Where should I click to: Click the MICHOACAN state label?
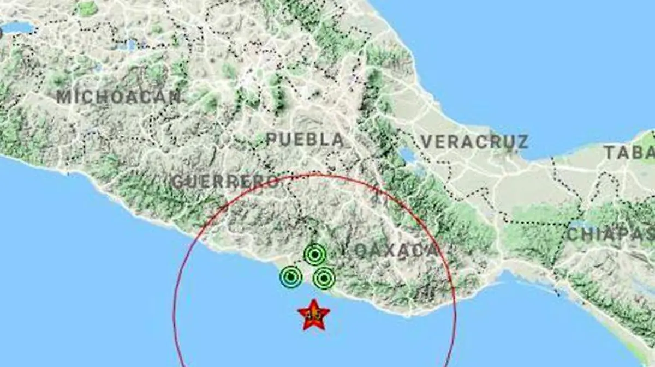[118, 97]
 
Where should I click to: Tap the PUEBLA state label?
[306, 140]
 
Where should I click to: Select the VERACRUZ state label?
[474, 142]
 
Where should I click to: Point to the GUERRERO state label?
[225, 182]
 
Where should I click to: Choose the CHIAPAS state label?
[610, 235]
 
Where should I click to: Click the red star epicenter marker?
[313, 315]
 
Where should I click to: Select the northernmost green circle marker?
[315, 254]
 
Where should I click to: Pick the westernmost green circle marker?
[291, 277]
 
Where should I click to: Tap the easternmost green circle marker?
[324, 279]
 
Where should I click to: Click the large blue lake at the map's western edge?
[17, 27]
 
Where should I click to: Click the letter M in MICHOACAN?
[63, 97]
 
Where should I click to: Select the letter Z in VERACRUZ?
[523, 142]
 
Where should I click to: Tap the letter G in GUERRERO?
[177, 182]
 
